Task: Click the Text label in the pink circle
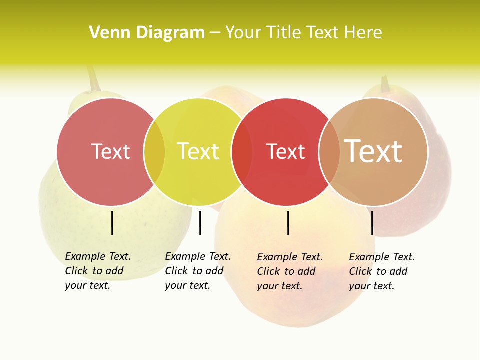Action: click(x=111, y=151)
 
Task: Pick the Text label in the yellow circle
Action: click(x=198, y=151)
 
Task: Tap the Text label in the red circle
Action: click(x=285, y=151)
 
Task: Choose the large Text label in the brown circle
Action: click(x=373, y=151)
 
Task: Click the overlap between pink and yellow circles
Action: click(x=154, y=152)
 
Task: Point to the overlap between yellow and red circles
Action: click(x=242, y=152)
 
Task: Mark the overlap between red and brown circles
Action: click(x=329, y=152)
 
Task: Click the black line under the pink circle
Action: click(x=112, y=223)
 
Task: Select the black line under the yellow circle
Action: click(x=200, y=223)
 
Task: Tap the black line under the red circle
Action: click(x=288, y=223)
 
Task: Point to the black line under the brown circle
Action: click(x=372, y=223)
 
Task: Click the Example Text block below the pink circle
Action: click(x=97, y=271)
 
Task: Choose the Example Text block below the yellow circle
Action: click(x=197, y=271)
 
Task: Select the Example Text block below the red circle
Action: click(x=289, y=271)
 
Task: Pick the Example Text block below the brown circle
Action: click(x=381, y=271)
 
